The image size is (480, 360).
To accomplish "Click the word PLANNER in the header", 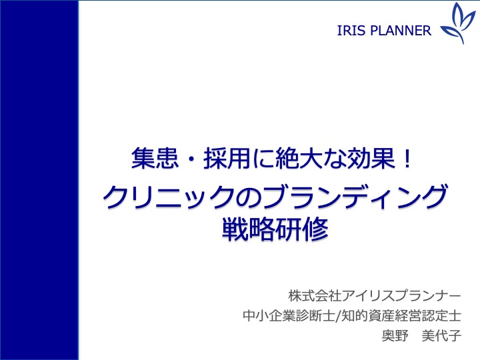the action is [x=401, y=30].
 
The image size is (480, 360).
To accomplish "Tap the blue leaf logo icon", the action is [x=457, y=23].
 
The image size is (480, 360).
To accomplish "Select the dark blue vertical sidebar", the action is [x=39, y=180].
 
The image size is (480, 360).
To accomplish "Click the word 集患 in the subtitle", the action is [x=155, y=158].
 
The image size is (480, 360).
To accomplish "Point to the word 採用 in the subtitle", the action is [x=227, y=158].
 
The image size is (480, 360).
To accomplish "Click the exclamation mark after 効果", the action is [x=407, y=159].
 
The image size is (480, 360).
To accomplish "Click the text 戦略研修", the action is [x=275, y=229].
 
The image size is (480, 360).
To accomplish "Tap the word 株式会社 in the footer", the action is [x=315, y=296].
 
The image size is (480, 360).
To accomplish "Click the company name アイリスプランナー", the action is [x=401, y=296].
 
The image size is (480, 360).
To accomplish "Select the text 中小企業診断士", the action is [x=289, y=316].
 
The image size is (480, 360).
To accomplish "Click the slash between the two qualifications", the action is [x=338, y=316].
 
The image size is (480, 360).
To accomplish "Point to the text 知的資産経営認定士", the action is [x=401, y=316].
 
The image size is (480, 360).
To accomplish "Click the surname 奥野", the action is [x=395, y=336].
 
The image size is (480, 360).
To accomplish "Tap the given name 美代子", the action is [x=441, y=336].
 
